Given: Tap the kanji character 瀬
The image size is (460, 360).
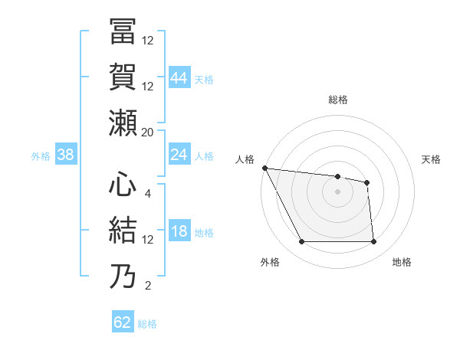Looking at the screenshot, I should click(123, 122).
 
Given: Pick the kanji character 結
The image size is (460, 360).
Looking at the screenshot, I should click(123, 231).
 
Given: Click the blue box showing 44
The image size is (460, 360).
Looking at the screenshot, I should click(179, 77).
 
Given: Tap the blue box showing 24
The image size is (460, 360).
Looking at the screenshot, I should click(179, 155).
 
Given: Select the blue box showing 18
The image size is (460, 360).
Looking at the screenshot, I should click(179, 232).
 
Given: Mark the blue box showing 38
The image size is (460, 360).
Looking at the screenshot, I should click(66, 155).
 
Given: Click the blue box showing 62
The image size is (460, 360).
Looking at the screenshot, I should click(123, 322).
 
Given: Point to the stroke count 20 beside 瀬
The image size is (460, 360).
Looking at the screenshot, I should click(148, 132).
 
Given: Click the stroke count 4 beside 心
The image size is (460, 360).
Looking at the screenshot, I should click(149, 194).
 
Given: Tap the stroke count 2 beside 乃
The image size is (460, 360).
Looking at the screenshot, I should click(148, 286).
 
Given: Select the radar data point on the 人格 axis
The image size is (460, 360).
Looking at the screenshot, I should click(264, 168).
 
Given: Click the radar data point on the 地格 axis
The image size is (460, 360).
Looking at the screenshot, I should click(373, 242).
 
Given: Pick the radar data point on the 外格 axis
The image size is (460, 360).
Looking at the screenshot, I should click(301, 242).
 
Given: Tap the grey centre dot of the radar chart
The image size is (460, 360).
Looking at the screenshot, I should click(337, 192).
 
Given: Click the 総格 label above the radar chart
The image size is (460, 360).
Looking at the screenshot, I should click(337, 100).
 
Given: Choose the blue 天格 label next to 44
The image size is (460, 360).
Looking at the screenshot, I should click(204, 79).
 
